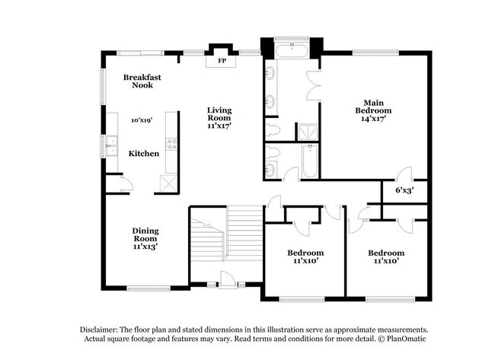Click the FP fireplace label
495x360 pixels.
[222, 60]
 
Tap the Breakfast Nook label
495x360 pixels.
[142, 81]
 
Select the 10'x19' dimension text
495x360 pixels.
[142, 120]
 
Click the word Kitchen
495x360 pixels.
[143, 154]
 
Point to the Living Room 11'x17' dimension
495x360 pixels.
[219, 126]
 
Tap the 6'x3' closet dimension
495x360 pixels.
[404, 190]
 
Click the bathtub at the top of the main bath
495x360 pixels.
[290, 52]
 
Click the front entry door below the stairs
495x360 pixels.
[226, 285]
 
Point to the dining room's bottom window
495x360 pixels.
[148, 287]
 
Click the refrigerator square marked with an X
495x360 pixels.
[167, 183]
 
